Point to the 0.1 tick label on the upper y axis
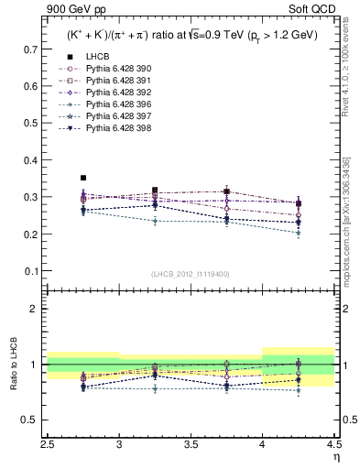[x=31, y=271]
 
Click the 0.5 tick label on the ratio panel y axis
[x=31, y=420]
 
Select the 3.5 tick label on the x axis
[x=191, y=444]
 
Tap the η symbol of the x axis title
[x=335, y=457]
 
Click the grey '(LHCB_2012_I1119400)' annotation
[x=191, y=274]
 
